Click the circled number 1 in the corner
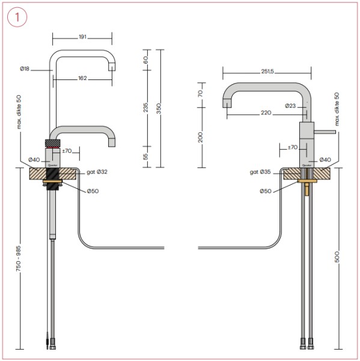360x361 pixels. [17, 17]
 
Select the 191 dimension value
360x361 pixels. [82, 37]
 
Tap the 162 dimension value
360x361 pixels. [83, 78]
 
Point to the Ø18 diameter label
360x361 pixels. [25, 69]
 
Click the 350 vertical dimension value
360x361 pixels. [159, 108]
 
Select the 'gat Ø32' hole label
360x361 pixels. [96, 172]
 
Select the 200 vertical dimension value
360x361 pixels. [201, 137]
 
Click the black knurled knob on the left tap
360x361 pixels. [53, 142]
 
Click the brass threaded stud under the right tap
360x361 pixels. [307, 189]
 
